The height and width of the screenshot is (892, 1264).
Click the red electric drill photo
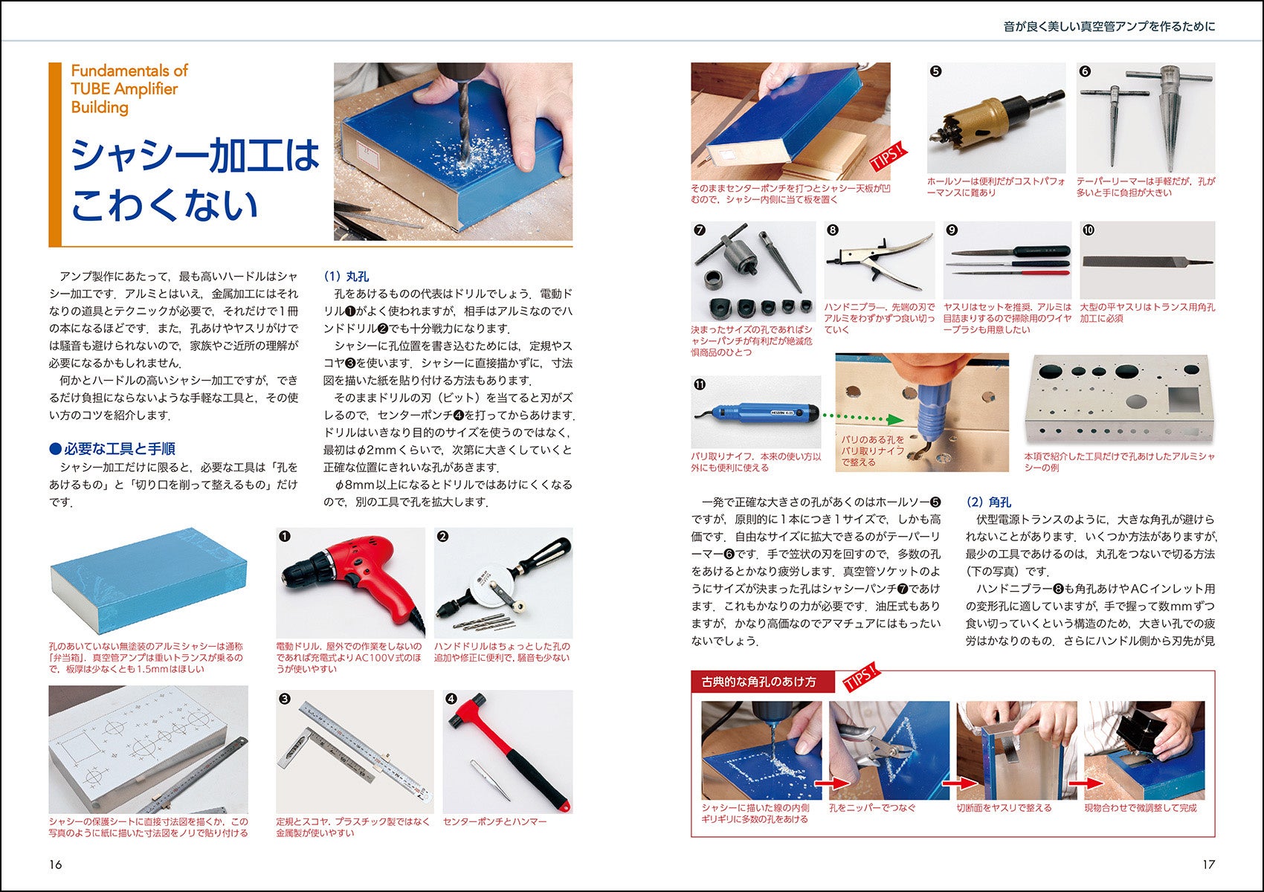[x=350, y=582]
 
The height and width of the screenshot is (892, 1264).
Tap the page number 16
[x=55, y=864]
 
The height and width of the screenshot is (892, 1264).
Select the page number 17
[x=1209, y=864]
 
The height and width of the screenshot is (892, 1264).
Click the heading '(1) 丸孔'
[x=346, y=277]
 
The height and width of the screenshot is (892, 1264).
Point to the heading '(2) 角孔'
[x=989, y=502]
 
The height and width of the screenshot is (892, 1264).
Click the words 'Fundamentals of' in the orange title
[x=129, y=71]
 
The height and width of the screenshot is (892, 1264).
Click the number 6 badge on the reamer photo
[x=1085, y=71]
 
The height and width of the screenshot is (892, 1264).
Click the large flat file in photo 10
[x=1147, y=262]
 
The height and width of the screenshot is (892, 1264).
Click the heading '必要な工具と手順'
[x=112, y=448]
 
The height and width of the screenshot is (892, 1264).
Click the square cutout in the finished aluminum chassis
[x=1184, y=399]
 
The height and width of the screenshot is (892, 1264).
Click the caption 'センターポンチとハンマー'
[x=495, y=821]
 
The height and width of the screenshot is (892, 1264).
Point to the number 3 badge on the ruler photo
[x=285, y=699]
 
